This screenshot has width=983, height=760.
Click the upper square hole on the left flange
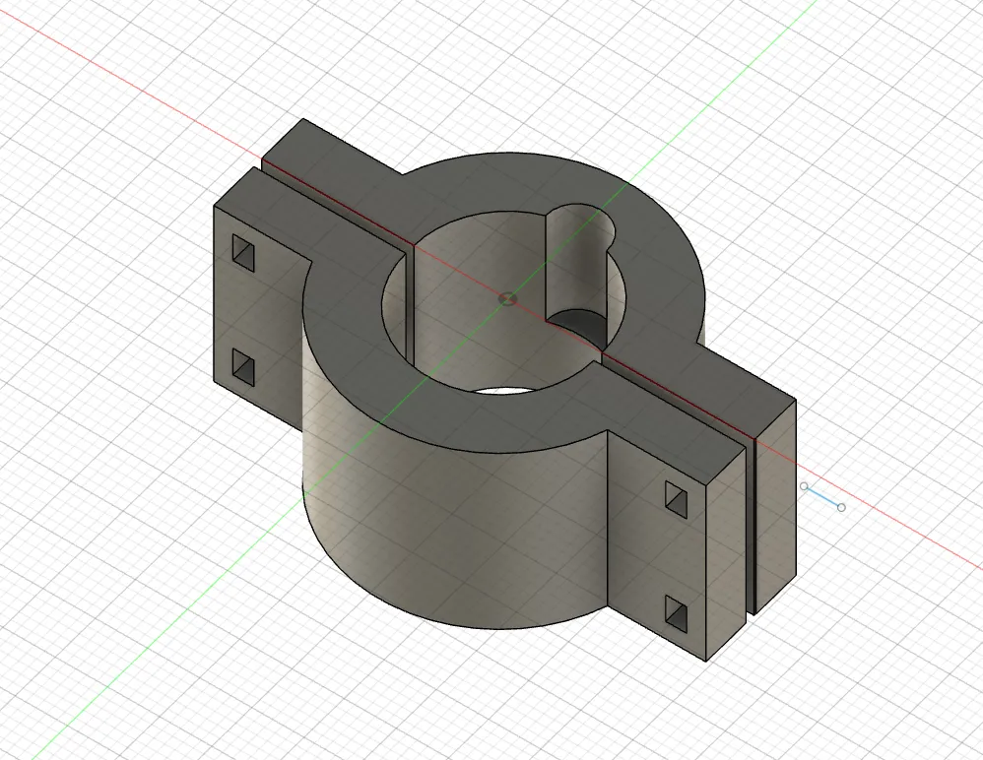(243, 253)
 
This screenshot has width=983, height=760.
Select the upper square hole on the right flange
(678, 499)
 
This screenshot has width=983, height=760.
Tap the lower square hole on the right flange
(678, 613)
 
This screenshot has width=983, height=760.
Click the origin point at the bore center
(507, 297)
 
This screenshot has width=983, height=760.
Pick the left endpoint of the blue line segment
(805, 486)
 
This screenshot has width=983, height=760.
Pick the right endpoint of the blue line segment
(840, 507)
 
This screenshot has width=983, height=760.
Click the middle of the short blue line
(822, 497)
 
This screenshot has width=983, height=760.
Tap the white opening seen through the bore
(502, 391)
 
